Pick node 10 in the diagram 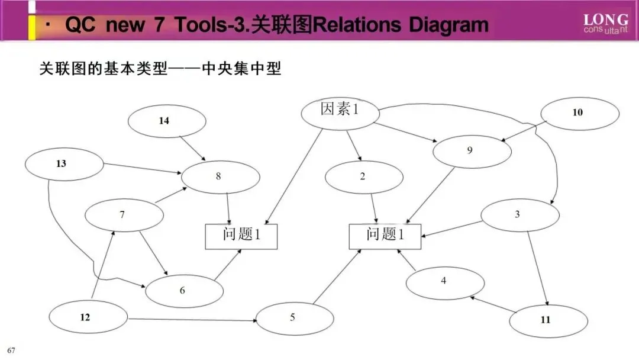coord(577,112)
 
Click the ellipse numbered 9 coord(471,150)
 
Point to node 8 coord(220,176)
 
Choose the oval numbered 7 coord(124,215)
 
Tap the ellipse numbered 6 coord(184,290)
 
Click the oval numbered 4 coord(444,282)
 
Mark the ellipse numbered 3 coord(519,214)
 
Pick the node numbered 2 coord(364,176)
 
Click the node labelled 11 coord(548,320)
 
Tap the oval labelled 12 coord(88,317)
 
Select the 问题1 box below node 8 coord(241,236)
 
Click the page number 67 coord(11,350)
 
